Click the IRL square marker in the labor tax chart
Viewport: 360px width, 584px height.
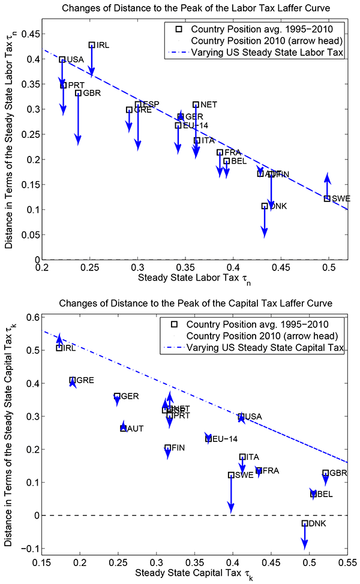pos(92,45)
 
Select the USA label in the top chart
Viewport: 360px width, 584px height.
pos(75,59)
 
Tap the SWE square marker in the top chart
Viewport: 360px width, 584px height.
pos(327,198)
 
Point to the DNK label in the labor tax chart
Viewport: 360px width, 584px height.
pos(278,206)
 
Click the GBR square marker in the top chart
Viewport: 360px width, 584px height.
pos(78,93)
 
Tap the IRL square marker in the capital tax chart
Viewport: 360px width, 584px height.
pos(59,348)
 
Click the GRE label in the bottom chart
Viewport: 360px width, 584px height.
pos(85,381)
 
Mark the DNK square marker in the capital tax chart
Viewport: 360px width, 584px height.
pos(305,523)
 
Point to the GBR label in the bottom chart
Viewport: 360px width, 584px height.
pos(338,474)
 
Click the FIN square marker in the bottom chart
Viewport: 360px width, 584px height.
pos(168,447)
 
